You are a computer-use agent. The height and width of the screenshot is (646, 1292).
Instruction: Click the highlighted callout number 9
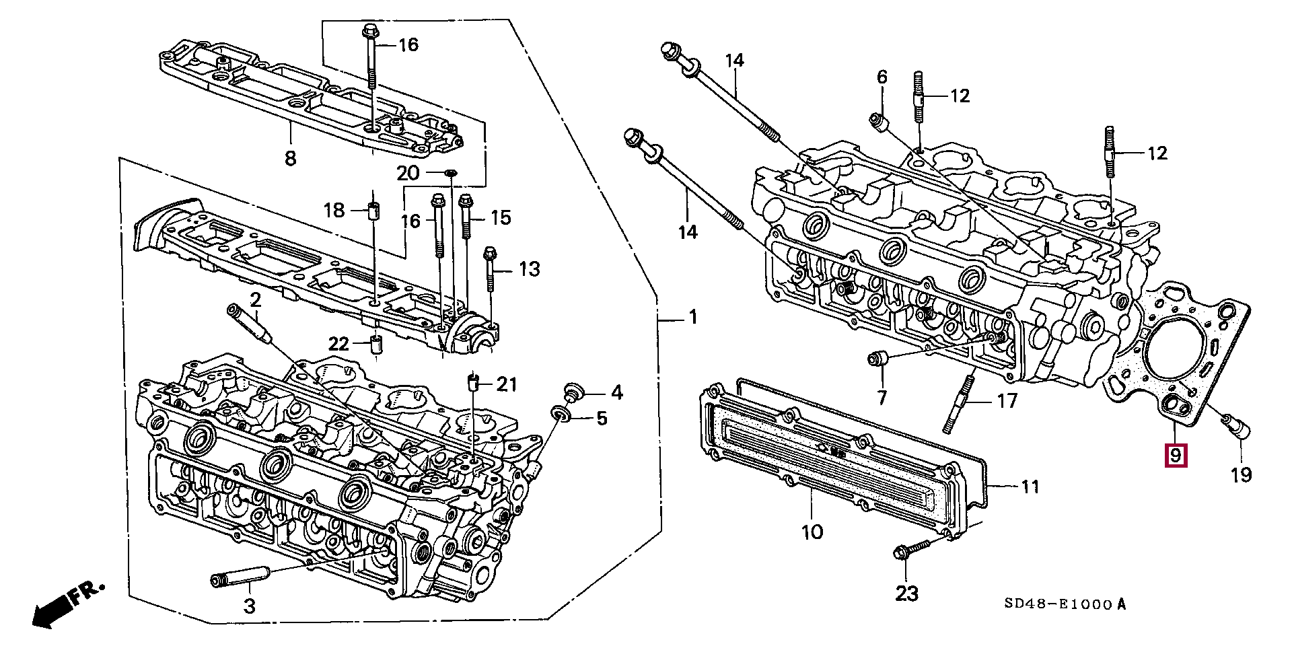pyautogui.click(x=1176, y=456)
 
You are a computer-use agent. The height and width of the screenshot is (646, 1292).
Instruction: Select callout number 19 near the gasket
pyautogui.click(x=1241, y=475)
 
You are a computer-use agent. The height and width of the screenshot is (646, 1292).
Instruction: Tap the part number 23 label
pyautogui.click(x=906, y=594)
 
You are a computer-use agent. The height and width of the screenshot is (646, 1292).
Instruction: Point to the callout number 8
pyautogui.click(x=290, y=159)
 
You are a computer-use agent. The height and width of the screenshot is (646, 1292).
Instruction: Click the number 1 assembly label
pyautogui.click(x=693, y=317)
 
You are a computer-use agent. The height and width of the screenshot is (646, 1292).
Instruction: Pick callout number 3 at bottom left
pyautogui.click(x=249, y=606)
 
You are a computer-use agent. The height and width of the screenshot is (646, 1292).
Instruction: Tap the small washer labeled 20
pyautogui.click(x=452, y=174)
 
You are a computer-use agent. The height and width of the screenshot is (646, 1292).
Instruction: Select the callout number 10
pyautogui.click(x=812, y=532)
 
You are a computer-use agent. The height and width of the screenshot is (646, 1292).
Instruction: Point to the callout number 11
pyautogui.click(x=1030, y=486)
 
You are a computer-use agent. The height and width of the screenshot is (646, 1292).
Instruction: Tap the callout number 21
pyautogui.click(x=507, y=384)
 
